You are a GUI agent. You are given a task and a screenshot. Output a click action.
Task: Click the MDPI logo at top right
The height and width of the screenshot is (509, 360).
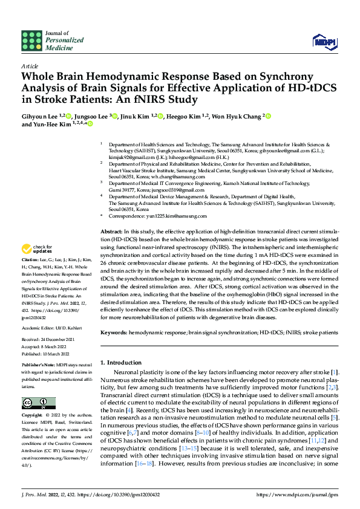coord(324,41)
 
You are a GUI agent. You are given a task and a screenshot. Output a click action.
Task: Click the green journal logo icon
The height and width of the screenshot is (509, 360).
coord(31,39)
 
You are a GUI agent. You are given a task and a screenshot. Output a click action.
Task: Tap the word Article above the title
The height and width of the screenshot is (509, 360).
coord(29,66)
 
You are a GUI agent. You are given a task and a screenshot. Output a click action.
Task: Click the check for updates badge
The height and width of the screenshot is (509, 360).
coord(38,249)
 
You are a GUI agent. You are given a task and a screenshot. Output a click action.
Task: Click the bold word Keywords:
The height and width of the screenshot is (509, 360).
coord(114,332)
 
